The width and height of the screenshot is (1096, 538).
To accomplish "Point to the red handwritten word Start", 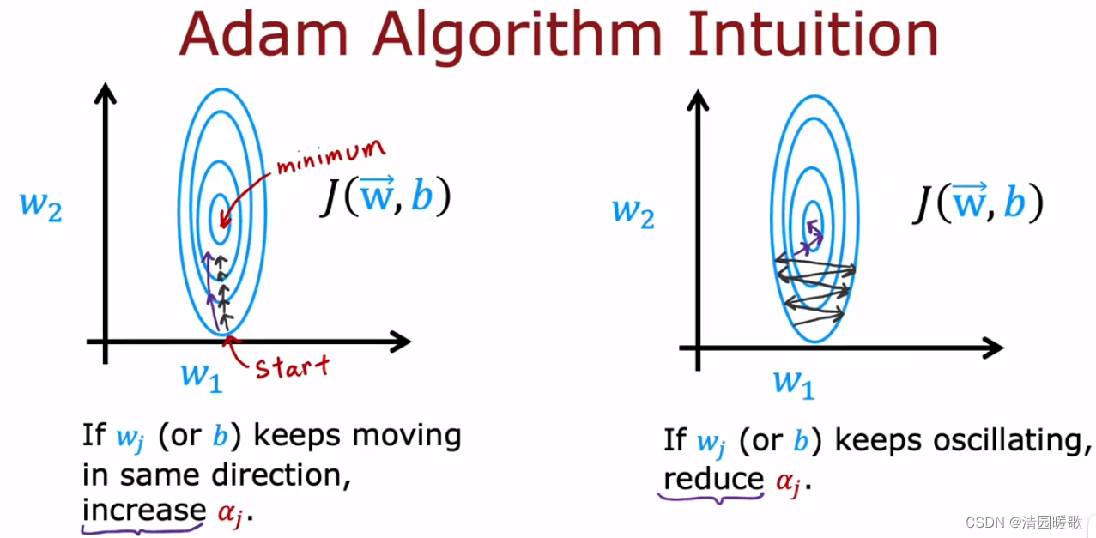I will coord(292,366).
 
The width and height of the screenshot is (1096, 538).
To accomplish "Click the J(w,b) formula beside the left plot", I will coord(385,198).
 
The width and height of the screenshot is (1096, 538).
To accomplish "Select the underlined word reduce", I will coord(713,479).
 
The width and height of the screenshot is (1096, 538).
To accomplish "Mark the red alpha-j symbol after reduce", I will coord(789,482).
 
